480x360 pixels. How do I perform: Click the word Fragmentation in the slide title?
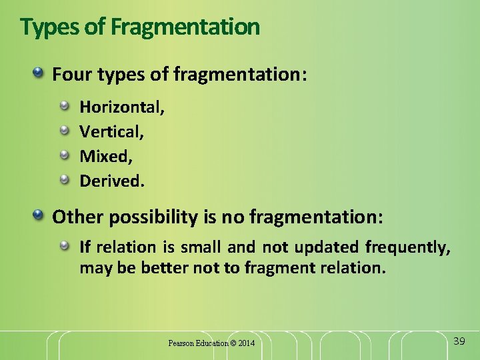click(185, 27)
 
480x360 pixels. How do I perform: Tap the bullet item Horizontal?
click(122, 107)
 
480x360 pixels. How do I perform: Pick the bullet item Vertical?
click(111, 131)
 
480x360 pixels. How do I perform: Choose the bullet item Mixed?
click(106, 156)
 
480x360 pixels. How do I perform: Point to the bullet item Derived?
click(111, 181)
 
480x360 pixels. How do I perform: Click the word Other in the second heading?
click(73, 217)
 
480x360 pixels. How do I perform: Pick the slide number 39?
click(459, 341)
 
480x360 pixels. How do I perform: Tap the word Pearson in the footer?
click(181, 343)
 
